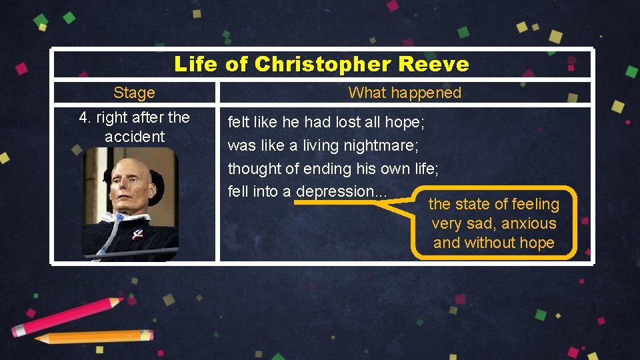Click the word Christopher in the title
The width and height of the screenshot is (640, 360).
(x=323, y=65)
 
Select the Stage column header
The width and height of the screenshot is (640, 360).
(x=134, y=93)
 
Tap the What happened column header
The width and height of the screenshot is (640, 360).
(x=405, y=93)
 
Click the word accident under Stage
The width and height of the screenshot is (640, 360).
(x=134, y=137)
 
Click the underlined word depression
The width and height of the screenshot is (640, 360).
(x=335, y=191)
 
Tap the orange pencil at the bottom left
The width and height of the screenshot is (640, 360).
(x=93, y=337)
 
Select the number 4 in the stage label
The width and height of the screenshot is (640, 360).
(x=83, y=118)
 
